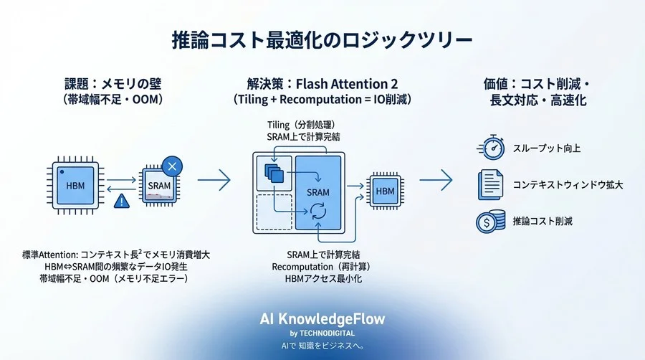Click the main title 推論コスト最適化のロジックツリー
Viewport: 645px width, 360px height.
322,39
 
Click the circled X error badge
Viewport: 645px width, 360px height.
172,166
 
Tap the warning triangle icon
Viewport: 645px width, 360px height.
123,202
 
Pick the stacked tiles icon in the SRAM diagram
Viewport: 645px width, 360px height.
274,172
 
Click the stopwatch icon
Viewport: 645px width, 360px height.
490,148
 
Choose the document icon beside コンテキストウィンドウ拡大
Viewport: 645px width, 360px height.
490,184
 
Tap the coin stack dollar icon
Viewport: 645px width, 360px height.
490,221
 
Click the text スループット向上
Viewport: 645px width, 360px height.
546,148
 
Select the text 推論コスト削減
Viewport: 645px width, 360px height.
543,221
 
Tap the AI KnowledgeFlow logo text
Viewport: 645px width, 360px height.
322,320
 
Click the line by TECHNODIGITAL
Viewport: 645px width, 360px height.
322,333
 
